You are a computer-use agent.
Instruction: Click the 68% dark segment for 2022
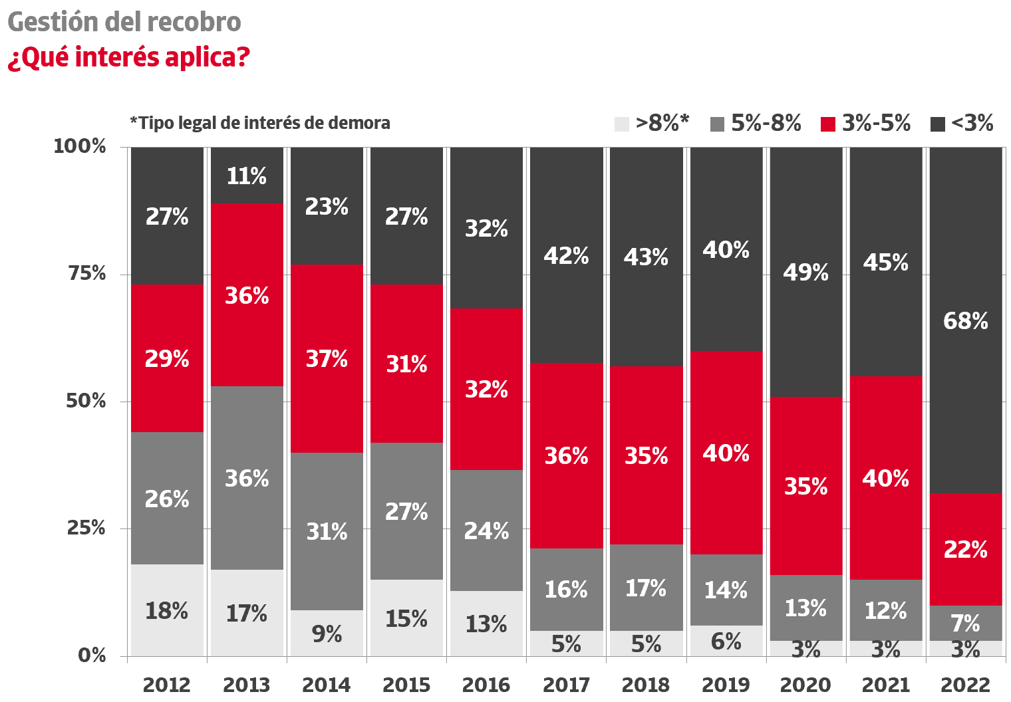pyautogui.click(x=966, y=320)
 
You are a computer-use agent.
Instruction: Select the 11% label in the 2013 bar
pyautogui.click(x=247, y=176)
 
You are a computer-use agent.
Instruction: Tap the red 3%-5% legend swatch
pyautogui.click(x=828, y=124)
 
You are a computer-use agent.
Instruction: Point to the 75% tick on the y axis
pyautogui.click(x=87, y=273)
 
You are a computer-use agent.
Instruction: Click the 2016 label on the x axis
pyautogui.click(x=486, y=685)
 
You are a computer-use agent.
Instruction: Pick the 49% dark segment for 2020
pyautogui.click(x=806, y=272)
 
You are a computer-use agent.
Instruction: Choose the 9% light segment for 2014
pyautogui.click(x=327, y=634)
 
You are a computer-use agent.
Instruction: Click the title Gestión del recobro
pyautogui.click(x=124, y=22)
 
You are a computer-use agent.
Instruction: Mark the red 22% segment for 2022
pyautogui.click(x=966, y=549)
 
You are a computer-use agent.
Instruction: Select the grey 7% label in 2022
pyautogui.click(x=966, y=623)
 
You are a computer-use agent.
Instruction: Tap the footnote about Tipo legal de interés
pyautogui.click(x=260, y=123)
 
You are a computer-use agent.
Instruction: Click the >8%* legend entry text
pyautogui.click(x=662, y=123)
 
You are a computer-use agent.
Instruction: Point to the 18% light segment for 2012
pyautogui.click(x=167, y=610)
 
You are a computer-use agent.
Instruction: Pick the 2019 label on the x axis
pyautogui.click(x=726, y=685)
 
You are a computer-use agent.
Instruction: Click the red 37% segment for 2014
pyautogui.click(x=327, y=358)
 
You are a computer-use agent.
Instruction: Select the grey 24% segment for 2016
pyautogui.click(x=486, y=530)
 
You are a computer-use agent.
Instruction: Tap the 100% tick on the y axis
pyautogui.click(x=80, y=146)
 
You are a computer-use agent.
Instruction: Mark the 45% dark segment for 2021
pyautogui.click(x=886, y=262)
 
